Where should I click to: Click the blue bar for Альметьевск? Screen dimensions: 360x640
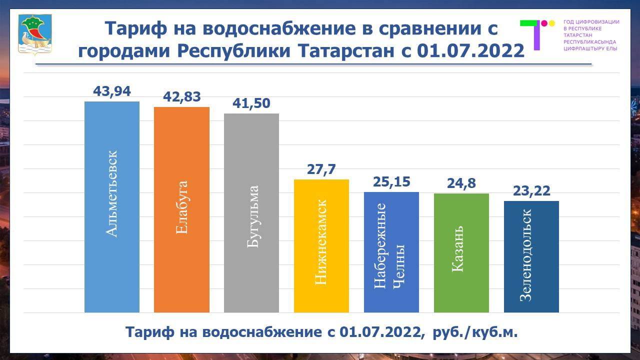click(x=112, y=207)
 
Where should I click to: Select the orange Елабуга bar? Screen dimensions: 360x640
click(x=181, y=210)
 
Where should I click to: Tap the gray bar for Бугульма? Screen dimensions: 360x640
click(x=251, y=213)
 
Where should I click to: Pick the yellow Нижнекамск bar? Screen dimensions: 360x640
click(x=321, y=246)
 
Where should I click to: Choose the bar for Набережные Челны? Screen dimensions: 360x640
click(x=391, y=252)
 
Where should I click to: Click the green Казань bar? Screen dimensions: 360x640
click(x=461, y=253)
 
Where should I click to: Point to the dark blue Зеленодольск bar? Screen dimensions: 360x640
click(x=531, y=257)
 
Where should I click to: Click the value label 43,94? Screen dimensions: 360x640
click(x=112, y=91)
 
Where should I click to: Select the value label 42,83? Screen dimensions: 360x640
click(x=182, y=97)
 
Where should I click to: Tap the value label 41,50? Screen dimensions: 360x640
click(x=251, y=103)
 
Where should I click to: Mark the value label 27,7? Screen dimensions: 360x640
click(x=321, y=169)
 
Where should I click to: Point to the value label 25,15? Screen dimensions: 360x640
click(x=391, y=182)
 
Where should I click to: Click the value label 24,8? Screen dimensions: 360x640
click(x=461, y=183)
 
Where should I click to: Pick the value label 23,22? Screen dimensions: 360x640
click(x=531, y=191)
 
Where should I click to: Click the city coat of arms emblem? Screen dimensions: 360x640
click(x=35, y=33)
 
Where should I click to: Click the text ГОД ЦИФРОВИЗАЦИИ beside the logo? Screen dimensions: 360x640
click(x=591, y=22)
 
